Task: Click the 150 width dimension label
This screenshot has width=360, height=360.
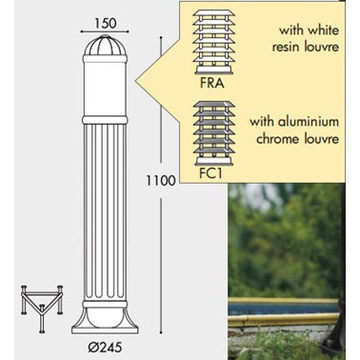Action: [x=106, y=23]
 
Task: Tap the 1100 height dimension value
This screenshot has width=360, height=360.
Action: [x=161, y=181]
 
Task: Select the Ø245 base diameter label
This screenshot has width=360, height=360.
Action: [x=105, y=348]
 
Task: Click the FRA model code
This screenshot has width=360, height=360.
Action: [x=212, y=83]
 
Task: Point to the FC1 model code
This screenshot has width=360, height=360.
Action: [x=211, y=173]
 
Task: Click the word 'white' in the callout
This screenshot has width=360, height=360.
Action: [x=323, y=30]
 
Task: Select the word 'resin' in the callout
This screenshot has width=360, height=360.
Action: [x=286, y=48]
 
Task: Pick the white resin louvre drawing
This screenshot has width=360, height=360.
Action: [x=214, y=42]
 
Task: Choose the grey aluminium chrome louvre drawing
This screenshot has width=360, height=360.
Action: [x=214, y=133]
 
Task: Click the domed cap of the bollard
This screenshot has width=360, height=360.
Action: [x=105, y=47]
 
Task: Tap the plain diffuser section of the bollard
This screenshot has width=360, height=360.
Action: [x=105, y=90]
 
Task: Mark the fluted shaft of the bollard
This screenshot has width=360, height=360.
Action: [x=105, y=211]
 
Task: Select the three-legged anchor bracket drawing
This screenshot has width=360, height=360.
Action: [x=42, y=308]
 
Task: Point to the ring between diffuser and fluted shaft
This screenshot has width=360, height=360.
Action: [x=105, y=120]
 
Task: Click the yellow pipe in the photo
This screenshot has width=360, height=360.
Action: [x=283, y=319]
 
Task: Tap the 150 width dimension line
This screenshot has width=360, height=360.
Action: [x=105, y=31]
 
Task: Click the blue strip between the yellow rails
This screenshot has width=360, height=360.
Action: [x=282, y=309]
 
